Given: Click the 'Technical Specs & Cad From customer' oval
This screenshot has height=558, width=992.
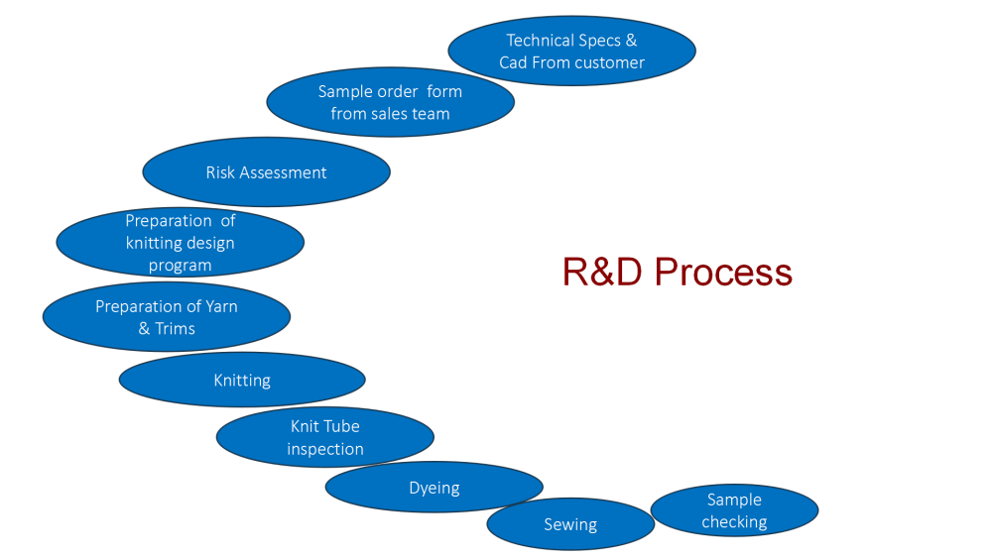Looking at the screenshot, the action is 572,51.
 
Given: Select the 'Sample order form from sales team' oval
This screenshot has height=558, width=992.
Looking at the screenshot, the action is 390,102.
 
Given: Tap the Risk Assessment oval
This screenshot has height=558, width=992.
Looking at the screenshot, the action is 266,171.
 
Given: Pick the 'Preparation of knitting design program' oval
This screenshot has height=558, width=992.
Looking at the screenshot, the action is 181,242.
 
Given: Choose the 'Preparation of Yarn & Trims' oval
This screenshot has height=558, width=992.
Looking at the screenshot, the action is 167,316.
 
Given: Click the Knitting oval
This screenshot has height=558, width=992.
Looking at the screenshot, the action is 242,380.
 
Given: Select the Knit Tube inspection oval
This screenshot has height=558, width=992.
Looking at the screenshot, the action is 325,437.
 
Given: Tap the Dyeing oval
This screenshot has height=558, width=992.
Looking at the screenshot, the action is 434,488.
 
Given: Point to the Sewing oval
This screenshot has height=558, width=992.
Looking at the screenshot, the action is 570,524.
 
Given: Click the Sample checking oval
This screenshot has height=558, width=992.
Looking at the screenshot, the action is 734,510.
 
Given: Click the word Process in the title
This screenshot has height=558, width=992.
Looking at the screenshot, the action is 723,273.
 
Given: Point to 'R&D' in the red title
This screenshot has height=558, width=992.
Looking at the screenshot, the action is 602,272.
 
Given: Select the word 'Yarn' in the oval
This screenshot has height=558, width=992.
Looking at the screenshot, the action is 221,307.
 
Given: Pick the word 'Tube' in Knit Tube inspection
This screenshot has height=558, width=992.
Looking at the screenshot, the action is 342,426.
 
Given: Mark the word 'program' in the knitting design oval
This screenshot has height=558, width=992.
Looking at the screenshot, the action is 181,266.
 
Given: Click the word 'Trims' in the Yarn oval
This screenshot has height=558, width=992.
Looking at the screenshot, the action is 176,329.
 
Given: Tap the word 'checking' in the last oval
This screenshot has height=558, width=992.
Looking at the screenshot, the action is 734,522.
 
